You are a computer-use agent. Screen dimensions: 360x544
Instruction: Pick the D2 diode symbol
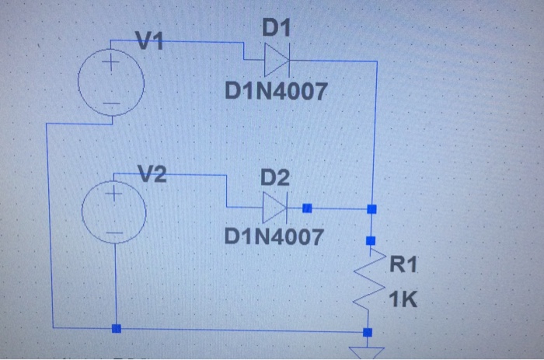pyautogui.click(x=276, y=208)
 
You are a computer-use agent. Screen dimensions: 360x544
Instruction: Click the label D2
pyautogui.click(x=274, y=178)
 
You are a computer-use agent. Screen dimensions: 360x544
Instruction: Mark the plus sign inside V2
pyautogui.click(x=114, y=190)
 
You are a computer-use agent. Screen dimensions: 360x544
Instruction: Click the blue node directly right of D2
pyautogui.click(x=307, y=208)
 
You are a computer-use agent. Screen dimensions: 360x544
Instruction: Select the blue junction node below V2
pyautogui.click(x=116, y=329)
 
